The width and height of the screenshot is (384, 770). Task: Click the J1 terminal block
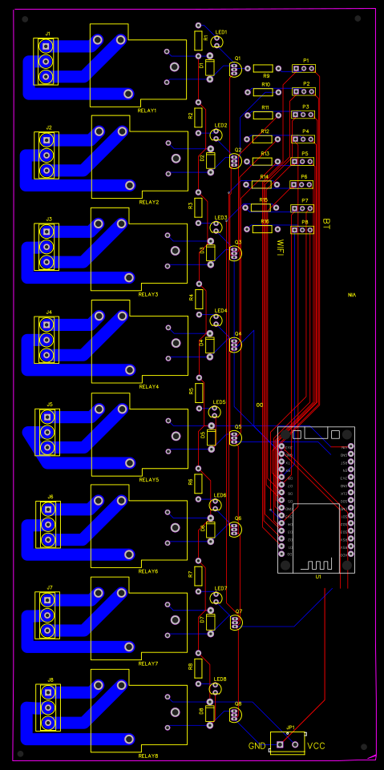(x=46, y=61)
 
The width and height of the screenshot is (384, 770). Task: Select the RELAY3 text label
(x=148, y=295)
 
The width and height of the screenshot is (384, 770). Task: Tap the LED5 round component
(x=214, y=413)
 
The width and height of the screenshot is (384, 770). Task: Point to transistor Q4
(x=234, y=345)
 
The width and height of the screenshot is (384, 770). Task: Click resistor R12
(x=263, y=139)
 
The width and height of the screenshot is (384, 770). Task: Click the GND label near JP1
(x=257, y=745)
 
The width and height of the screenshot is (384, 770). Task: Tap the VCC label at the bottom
(x=317, y=745)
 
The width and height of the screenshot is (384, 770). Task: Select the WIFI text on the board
(x=280, y=247)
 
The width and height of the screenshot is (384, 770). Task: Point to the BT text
(x=325, y=222)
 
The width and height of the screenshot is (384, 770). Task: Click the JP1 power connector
(x=287, y=744)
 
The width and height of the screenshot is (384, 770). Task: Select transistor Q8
(x=236, y=715)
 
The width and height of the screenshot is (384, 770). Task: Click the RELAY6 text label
(x=148, y=571)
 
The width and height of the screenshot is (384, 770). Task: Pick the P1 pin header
(x=304, y=68)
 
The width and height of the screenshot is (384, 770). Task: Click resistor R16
(x=262, y=229)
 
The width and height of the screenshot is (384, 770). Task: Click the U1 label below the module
(x=318, y=576)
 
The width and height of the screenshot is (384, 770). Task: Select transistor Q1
(x=234, y=69)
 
